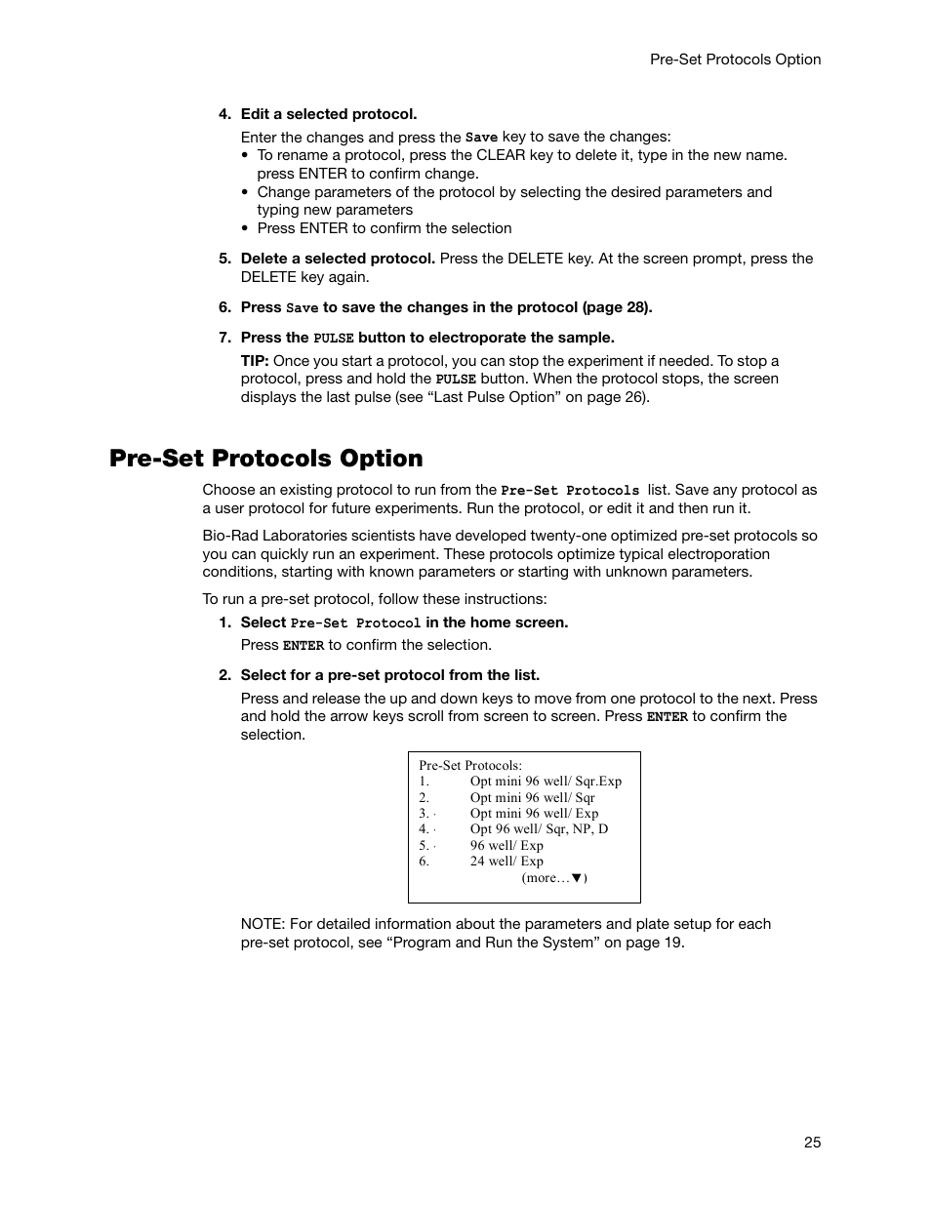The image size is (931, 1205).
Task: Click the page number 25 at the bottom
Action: pyautogui.click(x=813, y=1143)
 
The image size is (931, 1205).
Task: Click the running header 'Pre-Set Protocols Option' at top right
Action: pyautogui.click(x=735, y=60)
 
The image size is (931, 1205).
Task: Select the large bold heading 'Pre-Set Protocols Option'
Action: pyautogui.click(x=266, y=459)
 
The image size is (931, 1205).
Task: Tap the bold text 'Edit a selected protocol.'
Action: pyautogui.click(x=329, y=114)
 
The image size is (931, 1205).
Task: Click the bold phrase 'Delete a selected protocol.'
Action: pyautogui.click(x=338, y=259)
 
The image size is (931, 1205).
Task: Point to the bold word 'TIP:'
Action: pyautogui.click(x=255, y=361)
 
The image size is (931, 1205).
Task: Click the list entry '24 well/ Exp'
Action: pyautogui.click(x=506, y=862)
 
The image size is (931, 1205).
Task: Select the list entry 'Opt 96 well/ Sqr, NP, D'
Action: pyautogui.click(x=539, y=829)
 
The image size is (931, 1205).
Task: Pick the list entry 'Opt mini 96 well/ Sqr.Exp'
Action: pyautogui.click(x=546, y=782)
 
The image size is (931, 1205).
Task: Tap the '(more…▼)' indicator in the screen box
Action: pyautogui.click(x=554, y=878)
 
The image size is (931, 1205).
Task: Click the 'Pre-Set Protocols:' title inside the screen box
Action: pyautogui.click(x=470, y=766)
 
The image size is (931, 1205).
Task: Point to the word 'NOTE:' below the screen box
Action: pyautogui.click(x=263, y=924)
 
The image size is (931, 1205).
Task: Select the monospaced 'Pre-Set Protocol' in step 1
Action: pyautogui.click(x=355, y=623)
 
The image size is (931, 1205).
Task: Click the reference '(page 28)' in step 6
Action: pyautogui.click(x=617, y=307)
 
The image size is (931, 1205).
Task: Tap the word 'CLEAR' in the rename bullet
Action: pyautogui.click(x=501, y=155)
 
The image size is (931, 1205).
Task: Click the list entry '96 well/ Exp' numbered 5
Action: pyautogui.click(x=506, y=846)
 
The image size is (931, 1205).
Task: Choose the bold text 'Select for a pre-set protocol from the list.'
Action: pyautogui.click(x=390, y=675)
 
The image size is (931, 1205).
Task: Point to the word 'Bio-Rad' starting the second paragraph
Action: pyautogui.click(x=229, y=536)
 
